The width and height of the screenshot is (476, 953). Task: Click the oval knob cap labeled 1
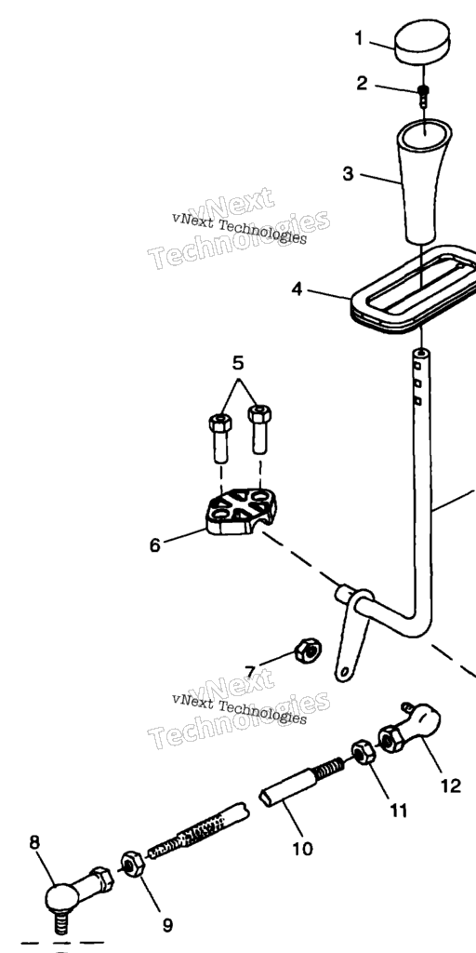pos(423,42)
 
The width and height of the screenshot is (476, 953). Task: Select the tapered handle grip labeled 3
pos(424,181)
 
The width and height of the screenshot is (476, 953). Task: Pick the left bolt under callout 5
pos(219,437)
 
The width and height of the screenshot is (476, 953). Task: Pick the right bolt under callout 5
pos(260,429)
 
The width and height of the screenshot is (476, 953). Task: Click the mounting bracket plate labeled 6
pos(241,513)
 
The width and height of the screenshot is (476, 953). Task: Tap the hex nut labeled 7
pos(308,651)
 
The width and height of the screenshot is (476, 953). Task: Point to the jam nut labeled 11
pos(364,753)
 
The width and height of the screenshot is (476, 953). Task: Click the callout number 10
pos(302,849)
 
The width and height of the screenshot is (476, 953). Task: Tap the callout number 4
pos(297,289)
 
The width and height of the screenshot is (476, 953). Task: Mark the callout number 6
pos(155,545)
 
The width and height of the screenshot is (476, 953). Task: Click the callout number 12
pos(451,785)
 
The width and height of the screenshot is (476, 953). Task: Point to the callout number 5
pos(238,363)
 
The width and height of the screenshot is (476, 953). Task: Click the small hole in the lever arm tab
pos(344,672)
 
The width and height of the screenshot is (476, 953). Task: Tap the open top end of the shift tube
pos(420,353)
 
